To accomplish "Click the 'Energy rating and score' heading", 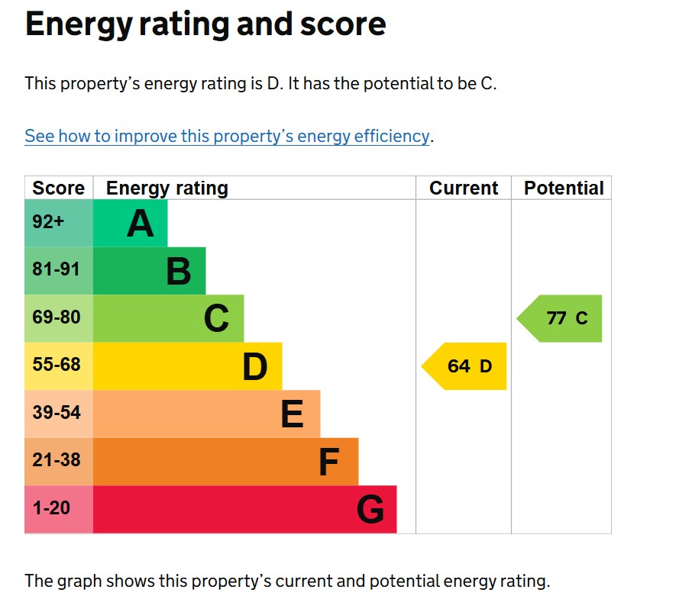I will [x=205, y=25].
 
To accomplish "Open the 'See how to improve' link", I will [x=227, y=137].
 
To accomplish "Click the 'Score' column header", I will [x=58, y=188].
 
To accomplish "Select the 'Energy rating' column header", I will [x=167, y=188].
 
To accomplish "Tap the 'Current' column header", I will [x=463, y=188].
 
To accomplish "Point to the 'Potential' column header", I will [x=563, y=188].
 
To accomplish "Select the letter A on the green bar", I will [x=141, y=224].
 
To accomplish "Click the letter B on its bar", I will [x=179, y=271].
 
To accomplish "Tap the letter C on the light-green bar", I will [x=216, y=319].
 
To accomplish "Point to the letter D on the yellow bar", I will [x=255, y=367].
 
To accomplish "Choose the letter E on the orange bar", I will [x=293, y=415].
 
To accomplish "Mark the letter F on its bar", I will [x=328, y=462].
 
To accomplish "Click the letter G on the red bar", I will [x=370, y=510].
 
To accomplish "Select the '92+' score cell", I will [x=49, y=222].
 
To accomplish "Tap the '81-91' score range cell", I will [x=56, y=270].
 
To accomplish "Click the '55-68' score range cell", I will [x=56, y=365].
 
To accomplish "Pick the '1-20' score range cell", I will [x=51, y=507].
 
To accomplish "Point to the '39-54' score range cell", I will [x=56, y=413].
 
